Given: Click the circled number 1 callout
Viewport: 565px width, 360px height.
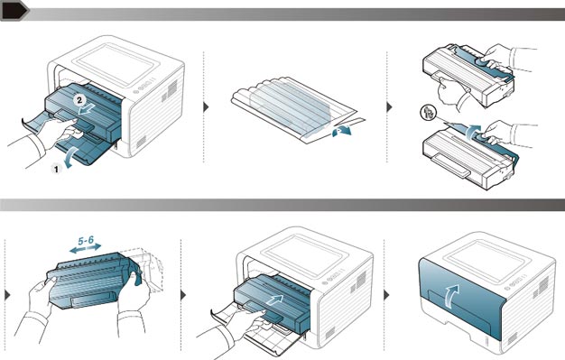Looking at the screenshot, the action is pos(56,169).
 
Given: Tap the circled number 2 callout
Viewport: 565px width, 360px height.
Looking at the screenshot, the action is pos(79,100).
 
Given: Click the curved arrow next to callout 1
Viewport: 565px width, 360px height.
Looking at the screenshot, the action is pos(69,157).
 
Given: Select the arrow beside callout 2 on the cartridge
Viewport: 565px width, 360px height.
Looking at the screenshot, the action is pos(88,109).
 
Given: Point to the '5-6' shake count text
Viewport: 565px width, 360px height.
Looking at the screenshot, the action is pos(86,240).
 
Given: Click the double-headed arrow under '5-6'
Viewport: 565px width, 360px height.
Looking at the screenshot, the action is pos(86,248).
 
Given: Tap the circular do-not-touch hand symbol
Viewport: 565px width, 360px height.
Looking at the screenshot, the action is pos(429,113).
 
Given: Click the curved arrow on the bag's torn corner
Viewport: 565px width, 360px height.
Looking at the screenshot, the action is pos(341,131).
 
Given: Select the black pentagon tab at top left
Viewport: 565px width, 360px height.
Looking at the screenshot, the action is pos(14,10).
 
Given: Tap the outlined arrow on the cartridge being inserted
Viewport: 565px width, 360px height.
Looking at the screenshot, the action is pos(274,300).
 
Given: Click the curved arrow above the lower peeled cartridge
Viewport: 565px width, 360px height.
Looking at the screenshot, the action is pos(472,132).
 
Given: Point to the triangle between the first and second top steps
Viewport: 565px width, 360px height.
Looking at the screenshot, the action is pos(206,107).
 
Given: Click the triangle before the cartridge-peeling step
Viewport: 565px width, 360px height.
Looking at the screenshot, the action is pos(389,107).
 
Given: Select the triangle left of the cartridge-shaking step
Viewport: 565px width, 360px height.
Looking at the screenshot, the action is pos(7,295).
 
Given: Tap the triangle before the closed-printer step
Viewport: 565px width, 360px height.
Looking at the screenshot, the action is pos(386,295).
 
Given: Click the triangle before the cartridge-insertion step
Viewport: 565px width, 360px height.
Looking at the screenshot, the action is pos(183,295).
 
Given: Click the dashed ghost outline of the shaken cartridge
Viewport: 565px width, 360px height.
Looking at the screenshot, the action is pos(148,269).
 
